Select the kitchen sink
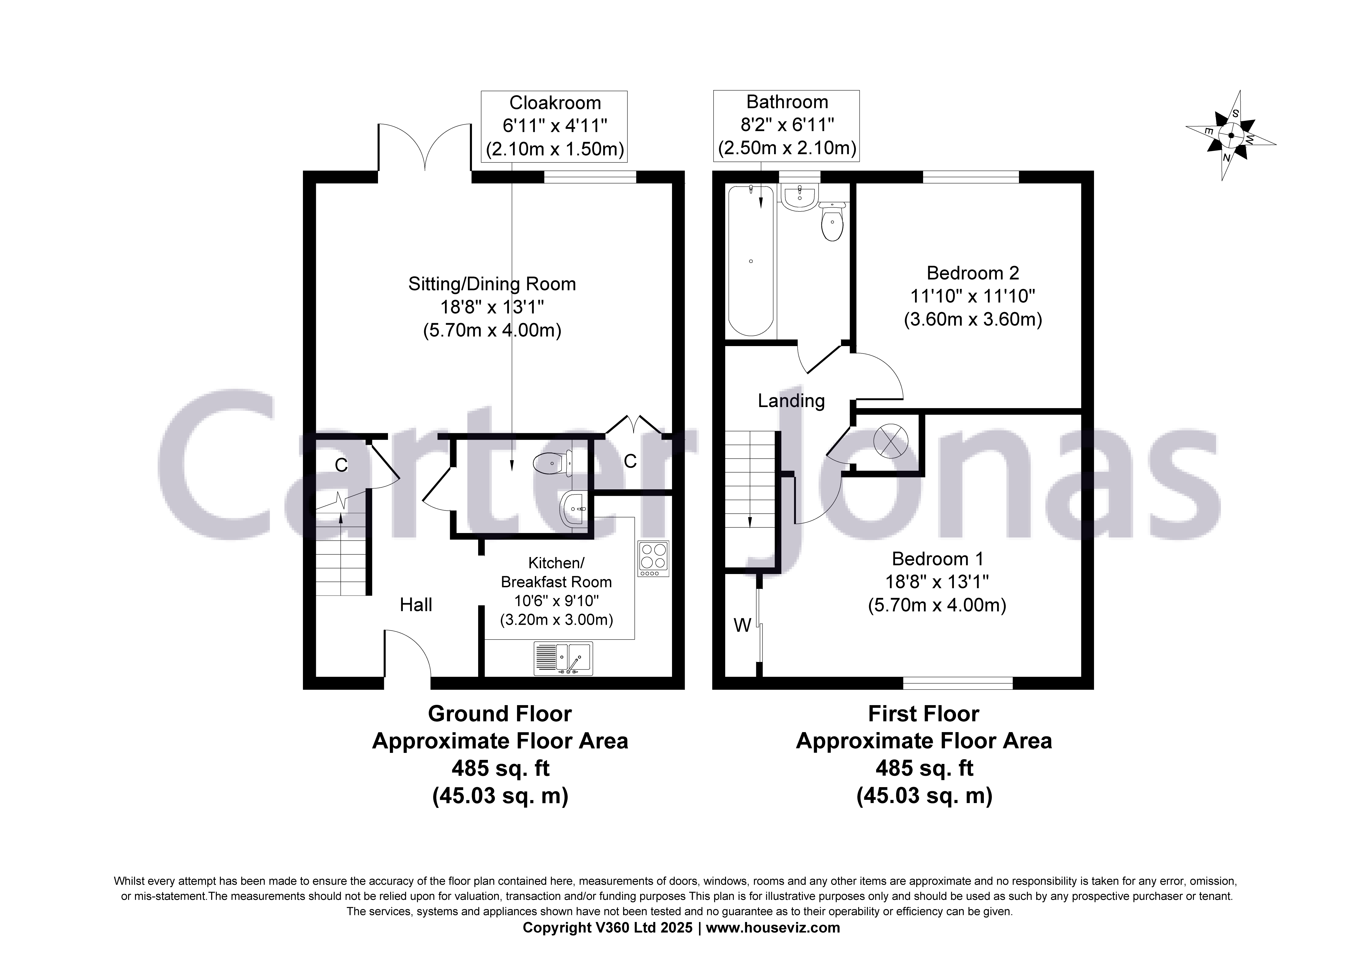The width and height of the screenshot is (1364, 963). [x=563, y=658]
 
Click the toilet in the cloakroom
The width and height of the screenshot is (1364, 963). [x=552, y=463]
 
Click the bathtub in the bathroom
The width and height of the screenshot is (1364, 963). [x=751, y=261]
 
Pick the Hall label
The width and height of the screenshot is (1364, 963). [x=416, y=605]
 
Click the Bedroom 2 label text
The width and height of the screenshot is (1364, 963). [x=973, y=273]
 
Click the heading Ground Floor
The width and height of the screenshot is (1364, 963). [x=499, y=714]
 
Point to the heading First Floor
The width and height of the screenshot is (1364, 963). [x=923, y=714]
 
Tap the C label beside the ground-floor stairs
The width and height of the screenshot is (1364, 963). [x=341, y=465]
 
